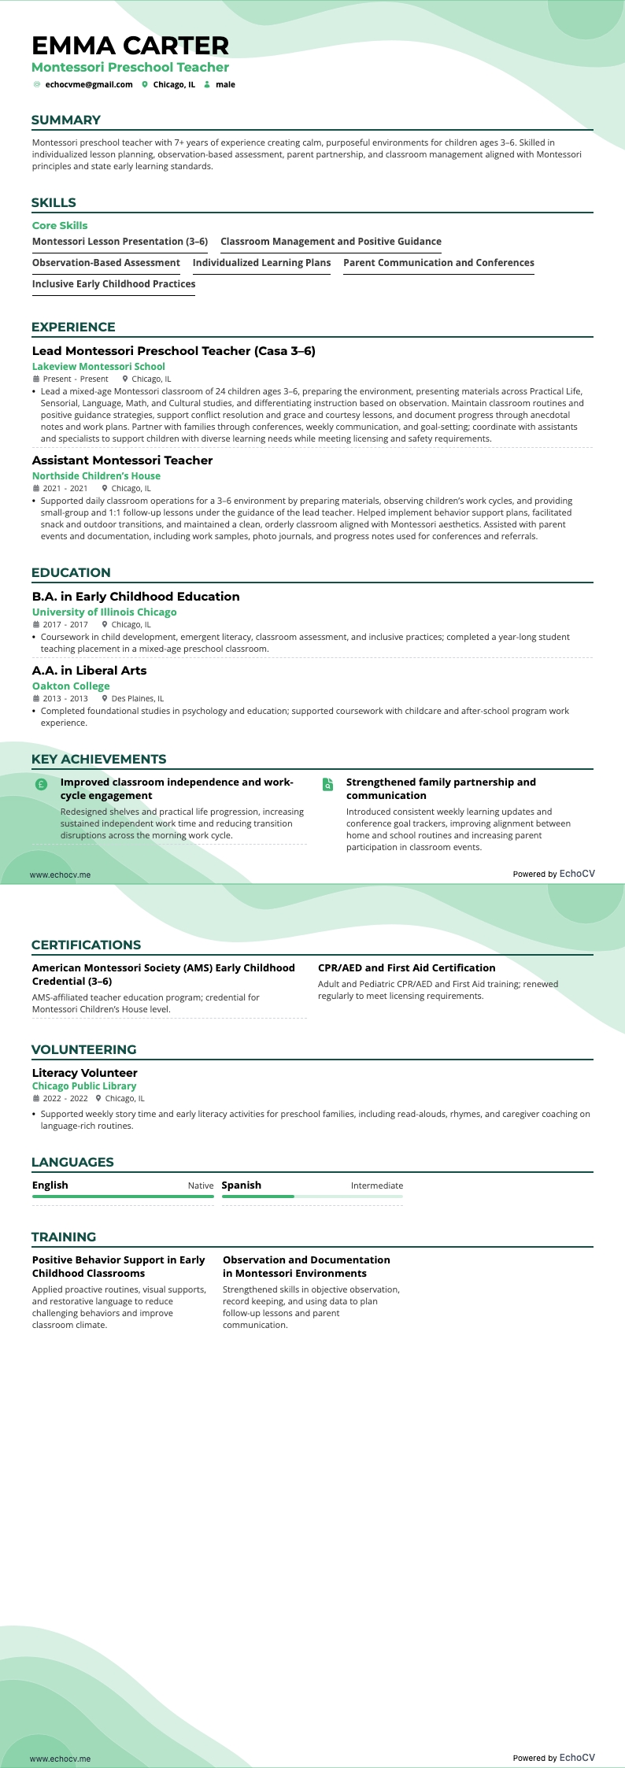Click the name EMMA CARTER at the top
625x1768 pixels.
point(131,46)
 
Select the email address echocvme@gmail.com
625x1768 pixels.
point(88,85)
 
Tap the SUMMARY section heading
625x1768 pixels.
point(66,120)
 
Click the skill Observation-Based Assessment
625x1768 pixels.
point(106,263)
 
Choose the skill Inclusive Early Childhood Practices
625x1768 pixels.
point(113,284)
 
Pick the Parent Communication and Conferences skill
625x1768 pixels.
point(438,263)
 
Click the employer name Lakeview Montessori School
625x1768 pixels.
point(98,367)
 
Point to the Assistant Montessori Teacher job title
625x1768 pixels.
point(122,460)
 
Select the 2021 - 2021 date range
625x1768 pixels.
point(65,489)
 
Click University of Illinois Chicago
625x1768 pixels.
point(104,612)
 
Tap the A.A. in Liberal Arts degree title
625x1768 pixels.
point(89,671)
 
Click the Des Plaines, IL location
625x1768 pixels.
point(137,699)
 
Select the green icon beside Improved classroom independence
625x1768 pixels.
point(41,784)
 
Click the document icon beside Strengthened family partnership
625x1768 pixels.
point(327,784)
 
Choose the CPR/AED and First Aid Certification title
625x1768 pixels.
point(406,968)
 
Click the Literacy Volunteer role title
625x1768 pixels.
point(84,1073)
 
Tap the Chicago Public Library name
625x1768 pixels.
point(84,1086)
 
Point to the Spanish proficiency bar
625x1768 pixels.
point(312,1197)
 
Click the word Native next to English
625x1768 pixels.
point(200,1185)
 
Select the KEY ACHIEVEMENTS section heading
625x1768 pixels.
point(98,760)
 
